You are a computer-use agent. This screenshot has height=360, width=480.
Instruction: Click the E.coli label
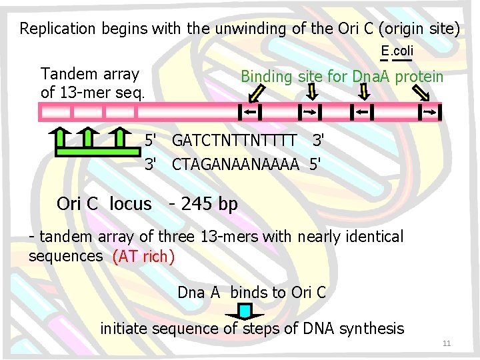click(x=397, y=51)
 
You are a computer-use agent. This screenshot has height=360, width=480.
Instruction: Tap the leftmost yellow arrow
click(x=258, y=94)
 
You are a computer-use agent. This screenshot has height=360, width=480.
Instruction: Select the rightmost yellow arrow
click(x=421, y=94)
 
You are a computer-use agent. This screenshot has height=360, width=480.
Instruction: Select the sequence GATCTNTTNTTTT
click(x=234, y=141)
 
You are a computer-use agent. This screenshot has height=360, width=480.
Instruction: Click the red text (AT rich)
click(x=143, y=256)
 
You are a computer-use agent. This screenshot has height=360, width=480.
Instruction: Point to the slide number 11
click(x=447, y=343)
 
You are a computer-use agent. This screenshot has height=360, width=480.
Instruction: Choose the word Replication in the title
click(x=58, y=29)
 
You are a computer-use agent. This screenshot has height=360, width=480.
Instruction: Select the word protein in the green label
click(x=419, y=77)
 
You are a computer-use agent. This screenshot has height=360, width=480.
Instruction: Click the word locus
click(x=131, y=204)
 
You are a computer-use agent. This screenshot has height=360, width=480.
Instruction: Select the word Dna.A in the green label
click(x=371, y=77)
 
